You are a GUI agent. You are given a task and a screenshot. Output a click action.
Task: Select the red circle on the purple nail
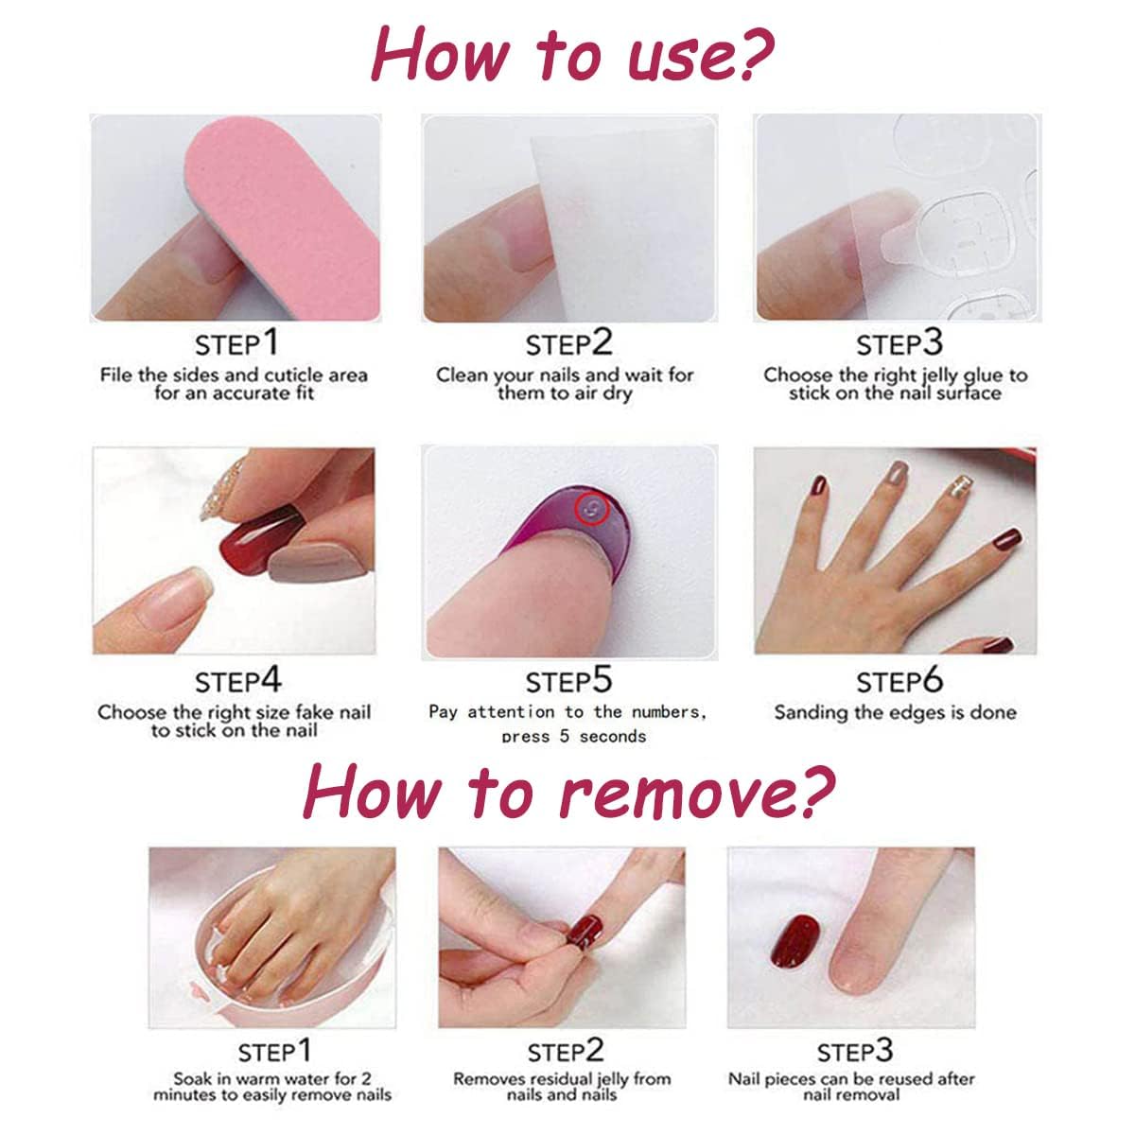(590, 510)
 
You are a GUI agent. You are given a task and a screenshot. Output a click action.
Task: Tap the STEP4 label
(238, 681)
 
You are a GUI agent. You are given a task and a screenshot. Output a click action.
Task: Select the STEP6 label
(899, 681)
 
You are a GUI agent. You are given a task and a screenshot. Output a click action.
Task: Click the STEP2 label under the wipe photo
(569, 344)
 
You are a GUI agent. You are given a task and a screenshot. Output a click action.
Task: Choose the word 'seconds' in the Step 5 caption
(613, 736)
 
